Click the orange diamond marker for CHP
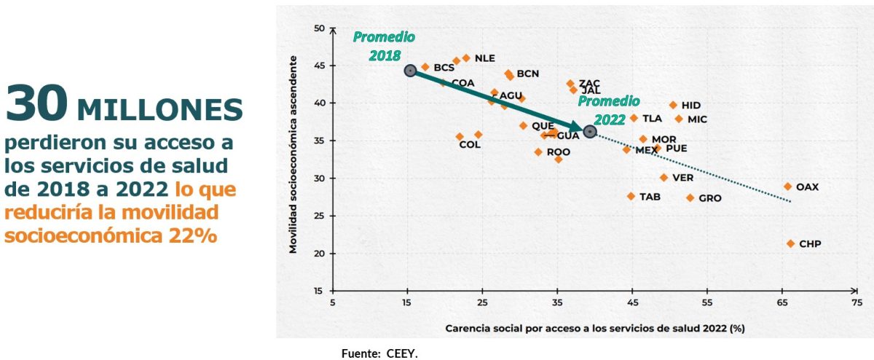point(791,243)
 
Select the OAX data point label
point(807,187)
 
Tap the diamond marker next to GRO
point(690,197)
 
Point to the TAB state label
point(650,197)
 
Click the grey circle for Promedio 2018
point(410,71)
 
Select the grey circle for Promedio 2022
point(590,131)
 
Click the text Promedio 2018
point(384,45)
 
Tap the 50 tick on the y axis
point(319,28)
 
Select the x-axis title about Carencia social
point(594,329)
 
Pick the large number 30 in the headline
point(36,103)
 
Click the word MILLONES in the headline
point(160,109)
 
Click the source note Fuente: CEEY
point(380,353)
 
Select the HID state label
point(691,106)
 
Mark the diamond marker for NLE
point(466,58)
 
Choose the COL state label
point(470,144)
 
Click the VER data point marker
point(664,177)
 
